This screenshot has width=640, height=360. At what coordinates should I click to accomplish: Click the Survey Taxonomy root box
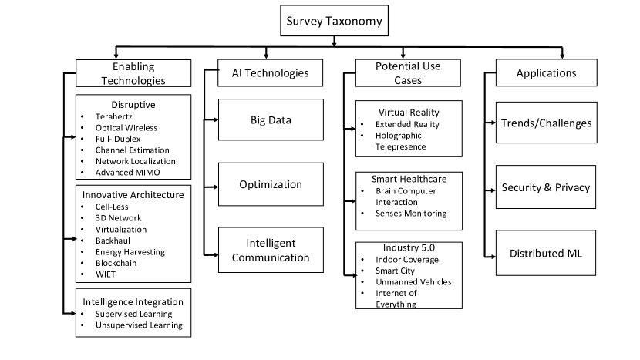(x=335, y=22)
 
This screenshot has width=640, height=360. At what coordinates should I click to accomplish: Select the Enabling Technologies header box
(x=133, y=72)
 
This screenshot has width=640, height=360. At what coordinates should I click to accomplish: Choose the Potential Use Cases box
(x=408, y=73)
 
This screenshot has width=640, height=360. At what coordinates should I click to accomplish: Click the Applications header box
(x=546, y=73)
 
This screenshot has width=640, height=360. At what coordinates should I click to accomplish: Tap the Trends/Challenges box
(x=546, y=123)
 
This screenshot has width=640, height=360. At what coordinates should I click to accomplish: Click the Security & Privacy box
(x=546, y=187)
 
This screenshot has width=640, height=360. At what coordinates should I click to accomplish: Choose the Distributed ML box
(x=546, y=253)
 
